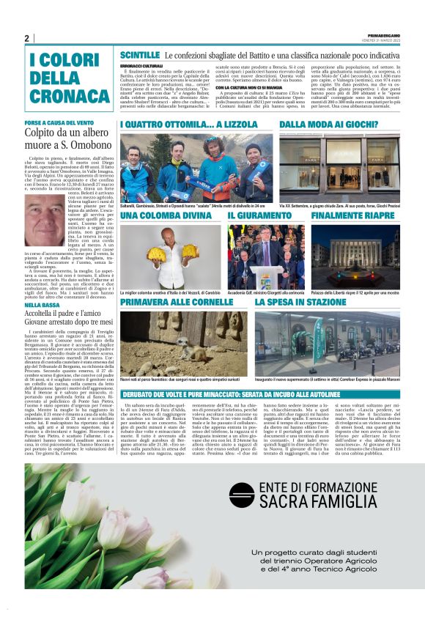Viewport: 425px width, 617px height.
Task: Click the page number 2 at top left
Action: coord(27,38)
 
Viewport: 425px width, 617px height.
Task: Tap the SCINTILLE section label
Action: coord(139,55)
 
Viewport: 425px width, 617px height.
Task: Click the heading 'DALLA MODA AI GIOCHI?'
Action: coord(336,125)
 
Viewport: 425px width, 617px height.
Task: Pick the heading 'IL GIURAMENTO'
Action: coord(256,216)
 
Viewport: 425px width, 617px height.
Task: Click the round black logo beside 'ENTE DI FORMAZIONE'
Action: coord(241,494)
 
